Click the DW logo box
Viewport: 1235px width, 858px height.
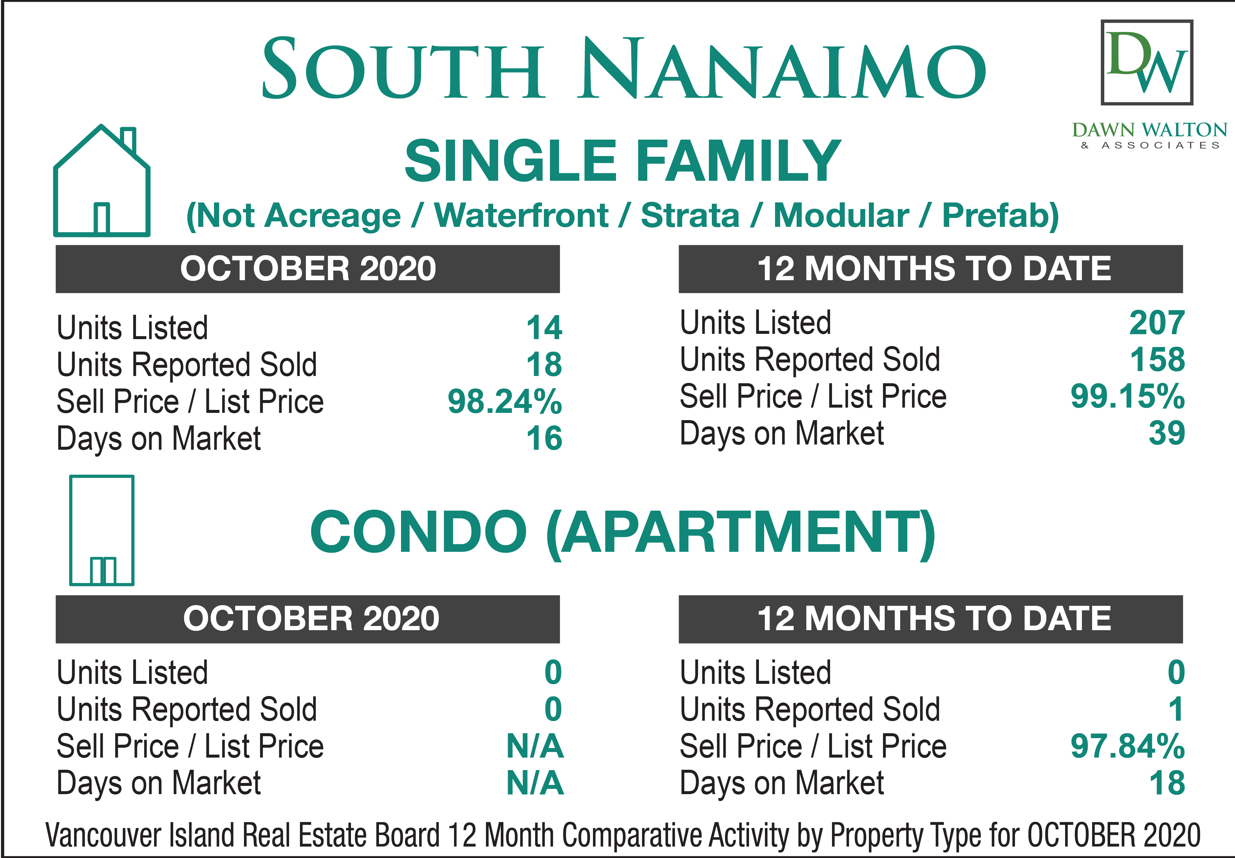coord(1147,62)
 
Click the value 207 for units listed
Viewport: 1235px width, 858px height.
coord(1157,323)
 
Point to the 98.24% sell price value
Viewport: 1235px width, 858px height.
coord(505,402)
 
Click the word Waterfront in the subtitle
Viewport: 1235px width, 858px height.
coord(521,216)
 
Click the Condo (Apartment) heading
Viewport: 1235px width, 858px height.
coord(623,533)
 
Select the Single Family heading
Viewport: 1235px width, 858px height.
coord(623,160)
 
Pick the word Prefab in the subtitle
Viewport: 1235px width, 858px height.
coord(1000,216)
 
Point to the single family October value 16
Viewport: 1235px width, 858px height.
coord(544,438)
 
